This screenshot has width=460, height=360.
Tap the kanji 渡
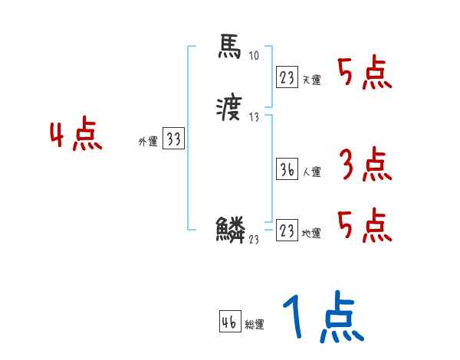[229, 111]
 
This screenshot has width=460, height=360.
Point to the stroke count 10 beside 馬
[255, 56]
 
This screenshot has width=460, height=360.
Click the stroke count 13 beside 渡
[255, 117]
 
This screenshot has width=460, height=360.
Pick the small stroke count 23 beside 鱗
[253, 238]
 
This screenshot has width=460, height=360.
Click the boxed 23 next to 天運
[286, 77]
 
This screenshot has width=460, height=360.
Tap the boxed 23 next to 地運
[286, 231]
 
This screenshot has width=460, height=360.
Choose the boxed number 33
[173, 139]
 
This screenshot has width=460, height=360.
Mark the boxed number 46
[229, 322]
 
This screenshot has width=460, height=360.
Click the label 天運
[311, 80]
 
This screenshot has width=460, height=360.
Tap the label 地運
[311, 234]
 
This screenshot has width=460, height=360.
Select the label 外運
[148, 142]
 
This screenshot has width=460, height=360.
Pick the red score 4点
[75, 136]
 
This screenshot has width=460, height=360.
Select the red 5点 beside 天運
[364, 74]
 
